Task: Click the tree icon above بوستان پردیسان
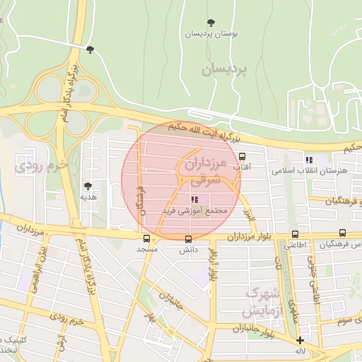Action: pyautogui.click(x=211, y=23)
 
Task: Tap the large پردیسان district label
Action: pyautogui.click(x=226, y=70)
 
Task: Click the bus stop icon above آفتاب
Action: pyautogui.click(x=242, y=156)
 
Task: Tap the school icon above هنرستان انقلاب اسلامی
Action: pyautogui.click(x=308, y=159)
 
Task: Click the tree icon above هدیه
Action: pyautogui.click(x=88, y=186)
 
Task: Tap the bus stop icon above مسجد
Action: pyautogui.click(x=146, y=238)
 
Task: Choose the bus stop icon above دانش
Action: pyautogui.click(x=187, y=238)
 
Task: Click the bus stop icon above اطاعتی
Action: pyautogui.click(x=295, y=234)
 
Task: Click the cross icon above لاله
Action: pyautogui.click(x=300, y=340)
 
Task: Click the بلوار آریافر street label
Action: pyautogui.click(x=213, y=272)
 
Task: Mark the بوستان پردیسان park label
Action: pyautogui.click(x=211, y=33)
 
